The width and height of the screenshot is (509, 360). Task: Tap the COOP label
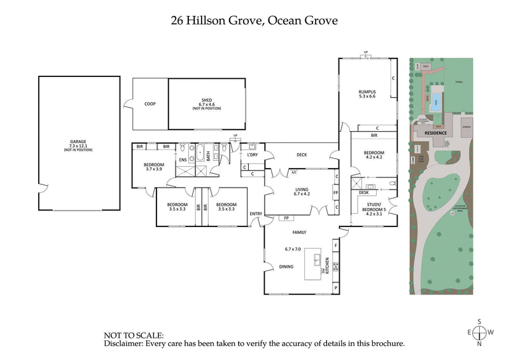point(150,104)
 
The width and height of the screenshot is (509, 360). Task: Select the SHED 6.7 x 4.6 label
point(206,104)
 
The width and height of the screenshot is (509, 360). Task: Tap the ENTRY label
point(256,214)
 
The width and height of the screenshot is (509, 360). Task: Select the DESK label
point(363,192)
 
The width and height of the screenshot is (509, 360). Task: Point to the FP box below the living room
point(286,218)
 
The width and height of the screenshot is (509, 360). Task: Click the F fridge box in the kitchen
point(336,245)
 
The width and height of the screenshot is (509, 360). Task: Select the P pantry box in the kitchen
point(336,288)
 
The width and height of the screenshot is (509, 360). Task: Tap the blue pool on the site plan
point(435,101)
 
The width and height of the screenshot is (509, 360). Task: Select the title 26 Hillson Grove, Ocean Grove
point(254,20)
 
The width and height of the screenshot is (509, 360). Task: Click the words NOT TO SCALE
point(133,335)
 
